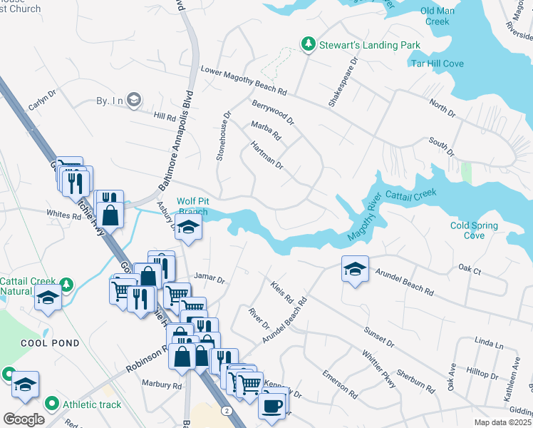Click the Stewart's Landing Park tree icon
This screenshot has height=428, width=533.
(x=308, y=45)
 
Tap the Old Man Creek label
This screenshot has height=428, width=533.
(x=445, y=16)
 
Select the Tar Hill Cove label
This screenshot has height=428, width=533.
(x=437, y=63)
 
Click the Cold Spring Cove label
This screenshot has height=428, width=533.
(x=474, y=230)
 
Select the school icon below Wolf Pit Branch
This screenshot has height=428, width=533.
(x=189, y=228)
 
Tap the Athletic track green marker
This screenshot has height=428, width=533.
(x=51, y=404)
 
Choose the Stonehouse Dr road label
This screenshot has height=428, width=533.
(x=224, y=135)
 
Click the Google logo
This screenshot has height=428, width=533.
(x=24, y=419)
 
